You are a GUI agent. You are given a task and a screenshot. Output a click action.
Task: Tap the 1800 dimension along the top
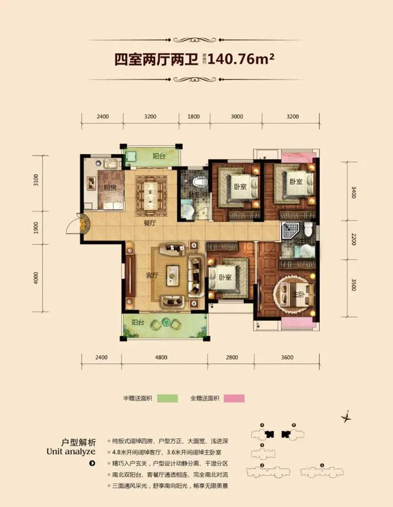(194, 117)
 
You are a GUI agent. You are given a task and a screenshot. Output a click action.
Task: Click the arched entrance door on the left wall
(82, 225)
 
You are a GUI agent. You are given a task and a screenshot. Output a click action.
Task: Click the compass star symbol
(347, 417)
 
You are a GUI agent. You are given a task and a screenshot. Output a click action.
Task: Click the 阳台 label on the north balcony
(158, 157)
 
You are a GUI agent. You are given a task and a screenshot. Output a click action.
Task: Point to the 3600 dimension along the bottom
(287, 357)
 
